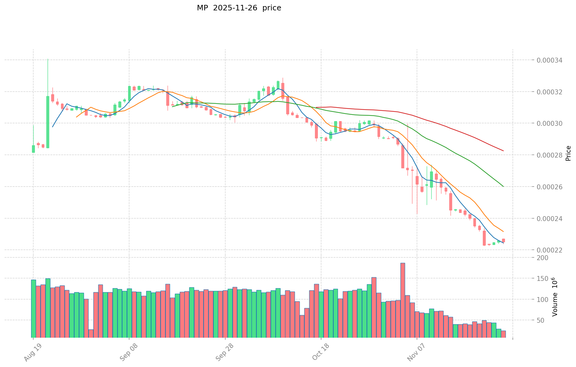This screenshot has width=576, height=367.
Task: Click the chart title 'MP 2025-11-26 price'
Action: tap(239, 8)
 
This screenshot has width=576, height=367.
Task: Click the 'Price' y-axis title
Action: tap(568, 153)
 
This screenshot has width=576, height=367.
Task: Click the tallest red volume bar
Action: tap(403, 300)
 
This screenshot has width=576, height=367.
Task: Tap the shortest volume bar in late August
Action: tap(91, 333)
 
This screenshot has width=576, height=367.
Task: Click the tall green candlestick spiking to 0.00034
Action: tap(48, 122)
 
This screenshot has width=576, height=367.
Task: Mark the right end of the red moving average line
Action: tap(503, 151)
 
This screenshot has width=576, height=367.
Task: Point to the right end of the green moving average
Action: tap(503, 186)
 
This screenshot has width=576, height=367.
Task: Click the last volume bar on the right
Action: tap(503, 334)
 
